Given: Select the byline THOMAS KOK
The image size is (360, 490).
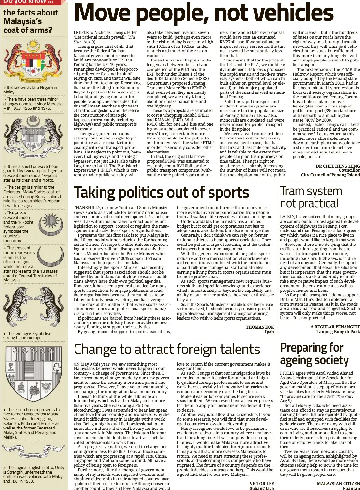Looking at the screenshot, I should point(260,327).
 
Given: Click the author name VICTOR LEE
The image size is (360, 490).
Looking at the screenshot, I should point(261,483).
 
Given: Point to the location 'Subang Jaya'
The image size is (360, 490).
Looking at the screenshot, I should point(261,488).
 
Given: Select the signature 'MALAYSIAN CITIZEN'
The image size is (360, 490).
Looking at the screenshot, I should point(338,483).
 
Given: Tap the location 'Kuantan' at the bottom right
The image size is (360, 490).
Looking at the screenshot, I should point(350,488).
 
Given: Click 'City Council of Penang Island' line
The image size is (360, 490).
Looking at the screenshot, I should point(330,175).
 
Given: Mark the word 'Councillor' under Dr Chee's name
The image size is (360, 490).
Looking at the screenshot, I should point(349,170).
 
